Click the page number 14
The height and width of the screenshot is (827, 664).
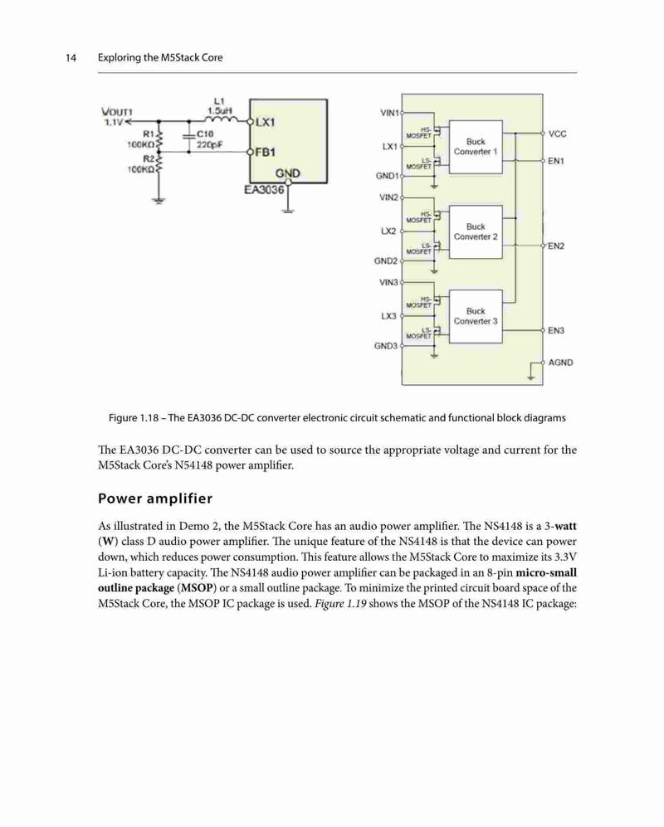71,57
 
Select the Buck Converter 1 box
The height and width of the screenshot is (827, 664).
476,147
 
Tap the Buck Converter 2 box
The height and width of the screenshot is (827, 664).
476,231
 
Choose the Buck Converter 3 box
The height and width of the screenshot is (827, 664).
476,317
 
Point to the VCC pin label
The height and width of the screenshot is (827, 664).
558,134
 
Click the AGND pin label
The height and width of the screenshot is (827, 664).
560,362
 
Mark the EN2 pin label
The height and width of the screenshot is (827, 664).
556,246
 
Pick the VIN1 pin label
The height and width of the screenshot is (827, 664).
389,113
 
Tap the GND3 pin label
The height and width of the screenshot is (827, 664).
386,346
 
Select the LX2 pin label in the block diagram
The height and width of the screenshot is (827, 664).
388,231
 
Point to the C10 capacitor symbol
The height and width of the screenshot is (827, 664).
189,136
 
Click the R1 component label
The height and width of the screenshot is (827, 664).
149,134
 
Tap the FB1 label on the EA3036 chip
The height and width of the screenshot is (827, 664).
265,153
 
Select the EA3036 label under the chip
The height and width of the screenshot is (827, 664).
264,189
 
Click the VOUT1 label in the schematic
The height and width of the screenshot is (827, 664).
117,112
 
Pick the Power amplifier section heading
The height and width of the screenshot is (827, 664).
155,499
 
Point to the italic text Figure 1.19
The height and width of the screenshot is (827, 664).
340,603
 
